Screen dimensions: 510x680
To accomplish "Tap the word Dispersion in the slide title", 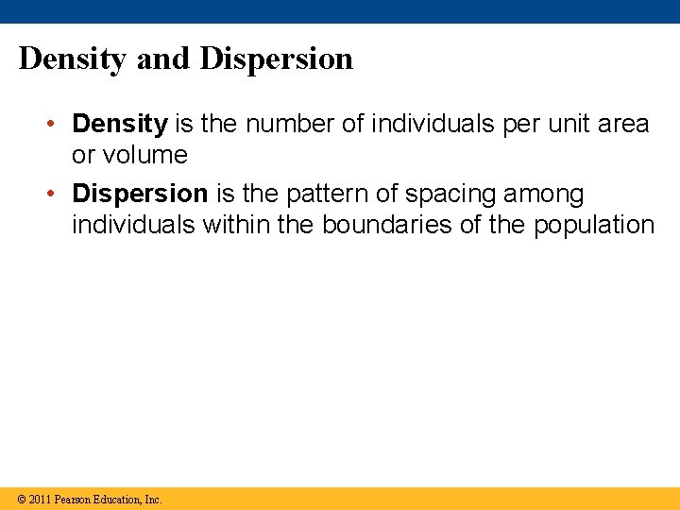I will coord(277,59).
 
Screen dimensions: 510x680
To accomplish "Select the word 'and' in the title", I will coord(163,59).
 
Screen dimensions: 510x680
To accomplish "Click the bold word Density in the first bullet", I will coord(120,124).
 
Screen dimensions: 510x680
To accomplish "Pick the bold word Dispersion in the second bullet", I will coord(140,194).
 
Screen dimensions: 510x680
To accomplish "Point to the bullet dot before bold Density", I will coord(58,125).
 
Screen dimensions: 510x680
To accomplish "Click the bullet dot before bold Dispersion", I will coord(58,195).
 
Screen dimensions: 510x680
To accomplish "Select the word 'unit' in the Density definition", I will coord(558,124).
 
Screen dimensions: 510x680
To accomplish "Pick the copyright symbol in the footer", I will coord(22,499).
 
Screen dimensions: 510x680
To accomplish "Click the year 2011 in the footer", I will coord(40,499).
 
